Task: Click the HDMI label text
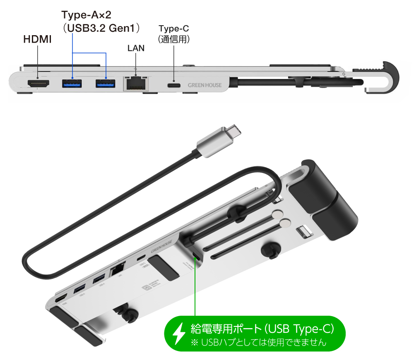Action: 37,40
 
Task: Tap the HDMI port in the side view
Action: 39,84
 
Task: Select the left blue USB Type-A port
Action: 72,84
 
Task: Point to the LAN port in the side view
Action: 136,83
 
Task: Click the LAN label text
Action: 136,48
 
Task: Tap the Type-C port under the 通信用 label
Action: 174,85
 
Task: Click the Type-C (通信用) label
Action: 174,34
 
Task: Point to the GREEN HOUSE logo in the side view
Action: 205,86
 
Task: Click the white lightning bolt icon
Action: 179,334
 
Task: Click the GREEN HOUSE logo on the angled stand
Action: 161,247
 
